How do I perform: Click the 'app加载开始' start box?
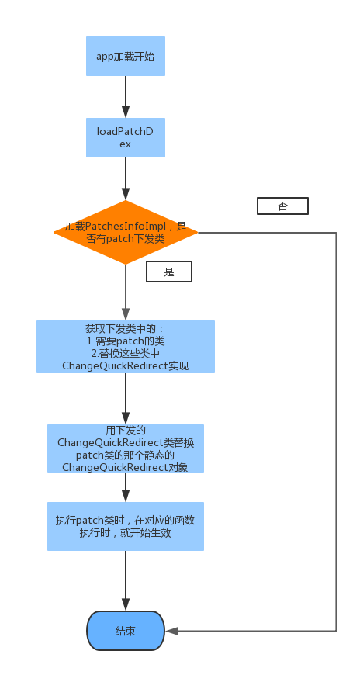coord(126,56)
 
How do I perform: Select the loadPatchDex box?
coord(126,137)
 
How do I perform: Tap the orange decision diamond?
coord(126,233)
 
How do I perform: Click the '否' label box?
coord(282,206)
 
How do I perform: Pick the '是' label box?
coord(169,272)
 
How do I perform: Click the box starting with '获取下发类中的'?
coord(126,347)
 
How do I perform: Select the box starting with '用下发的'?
coord(126,448)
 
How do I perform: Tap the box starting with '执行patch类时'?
coord(126,526)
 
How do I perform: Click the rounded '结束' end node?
coord(126,631)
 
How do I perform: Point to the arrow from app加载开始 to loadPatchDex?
coord(126,97)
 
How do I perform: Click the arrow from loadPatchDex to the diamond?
coord(126,178)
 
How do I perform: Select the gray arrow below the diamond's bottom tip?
coord(126,292)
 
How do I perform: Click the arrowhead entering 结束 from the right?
coord(171,631)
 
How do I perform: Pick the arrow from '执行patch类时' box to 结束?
coord(126,580)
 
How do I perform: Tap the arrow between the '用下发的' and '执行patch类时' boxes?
coord(126,488)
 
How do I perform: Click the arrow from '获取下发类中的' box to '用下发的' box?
coord(126,399)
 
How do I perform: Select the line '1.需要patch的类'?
coord(126,341)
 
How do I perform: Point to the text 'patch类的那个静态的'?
coord(126,455)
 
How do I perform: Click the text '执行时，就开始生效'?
coord(126,532)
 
